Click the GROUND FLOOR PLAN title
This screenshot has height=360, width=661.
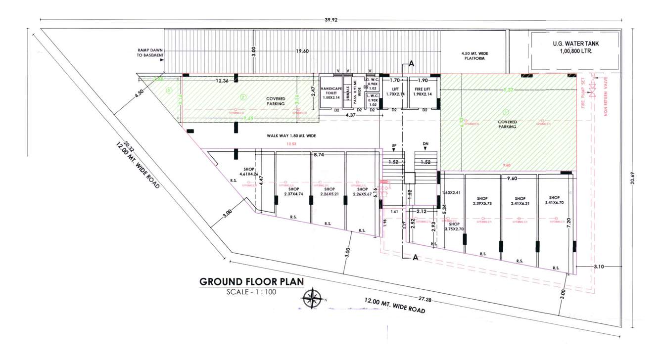251,282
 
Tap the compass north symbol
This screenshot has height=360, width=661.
312,299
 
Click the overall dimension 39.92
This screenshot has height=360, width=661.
330,20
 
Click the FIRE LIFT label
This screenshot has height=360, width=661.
422,90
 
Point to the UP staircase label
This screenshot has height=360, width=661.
394,146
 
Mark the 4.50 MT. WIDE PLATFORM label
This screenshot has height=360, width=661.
472,55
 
